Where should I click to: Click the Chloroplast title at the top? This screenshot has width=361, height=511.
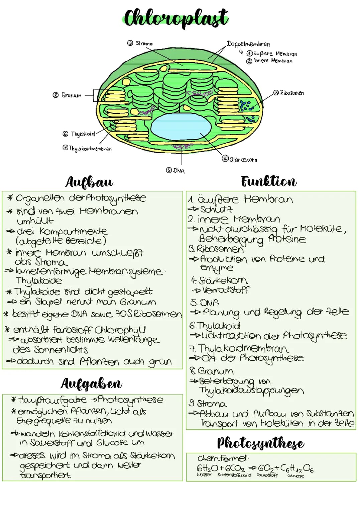pos(176,18)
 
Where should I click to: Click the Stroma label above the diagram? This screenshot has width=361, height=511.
pos(144,44)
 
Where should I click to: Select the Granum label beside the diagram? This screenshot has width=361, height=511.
pos(71,95)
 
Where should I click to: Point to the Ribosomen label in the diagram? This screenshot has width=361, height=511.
pos(292,93)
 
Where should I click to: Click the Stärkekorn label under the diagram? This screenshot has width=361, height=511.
pos(243,160)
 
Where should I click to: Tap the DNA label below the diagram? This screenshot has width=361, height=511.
pos(179,171)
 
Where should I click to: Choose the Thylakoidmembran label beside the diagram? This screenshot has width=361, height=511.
pos(90,149)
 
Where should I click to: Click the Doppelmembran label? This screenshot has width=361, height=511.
pos(248,44)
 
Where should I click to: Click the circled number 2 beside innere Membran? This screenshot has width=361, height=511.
pos(249,61)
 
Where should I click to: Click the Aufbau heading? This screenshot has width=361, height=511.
pos(89,182)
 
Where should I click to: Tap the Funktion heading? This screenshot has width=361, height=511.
pos(269,182)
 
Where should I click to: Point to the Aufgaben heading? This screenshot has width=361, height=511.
pos(91,384)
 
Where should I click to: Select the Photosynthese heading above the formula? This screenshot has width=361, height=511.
pos(260,444)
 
